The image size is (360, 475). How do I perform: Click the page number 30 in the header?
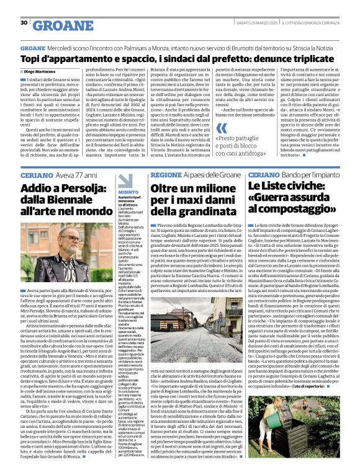pos(23,23)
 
